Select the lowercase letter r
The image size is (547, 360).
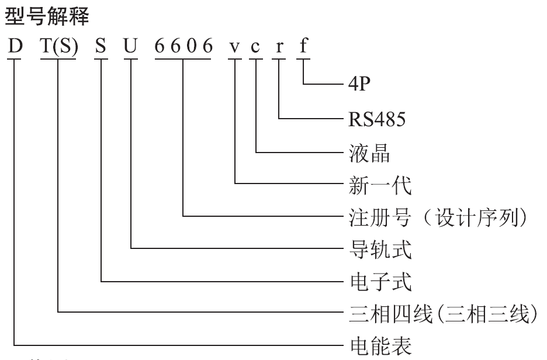click(280, 47)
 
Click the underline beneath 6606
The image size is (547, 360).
click(183, 58)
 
